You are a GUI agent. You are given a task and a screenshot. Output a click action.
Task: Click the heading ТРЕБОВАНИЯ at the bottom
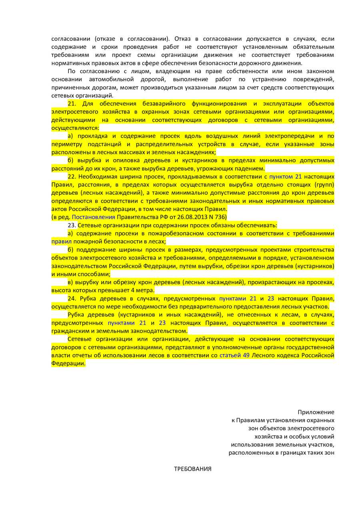192,469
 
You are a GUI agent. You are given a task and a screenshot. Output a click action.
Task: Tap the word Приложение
316,412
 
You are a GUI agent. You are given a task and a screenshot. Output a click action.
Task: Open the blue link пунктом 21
286,176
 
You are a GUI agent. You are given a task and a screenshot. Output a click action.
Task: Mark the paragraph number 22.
72,176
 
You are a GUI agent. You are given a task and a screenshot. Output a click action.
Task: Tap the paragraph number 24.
72,299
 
